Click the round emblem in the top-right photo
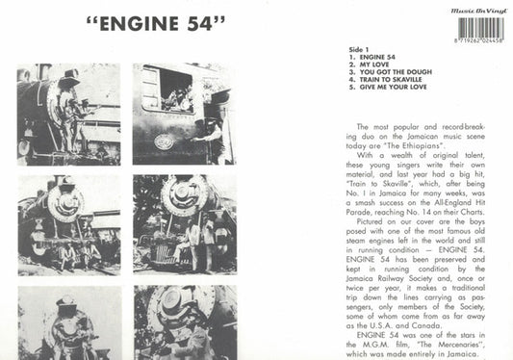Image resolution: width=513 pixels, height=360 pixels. point(166,141)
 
